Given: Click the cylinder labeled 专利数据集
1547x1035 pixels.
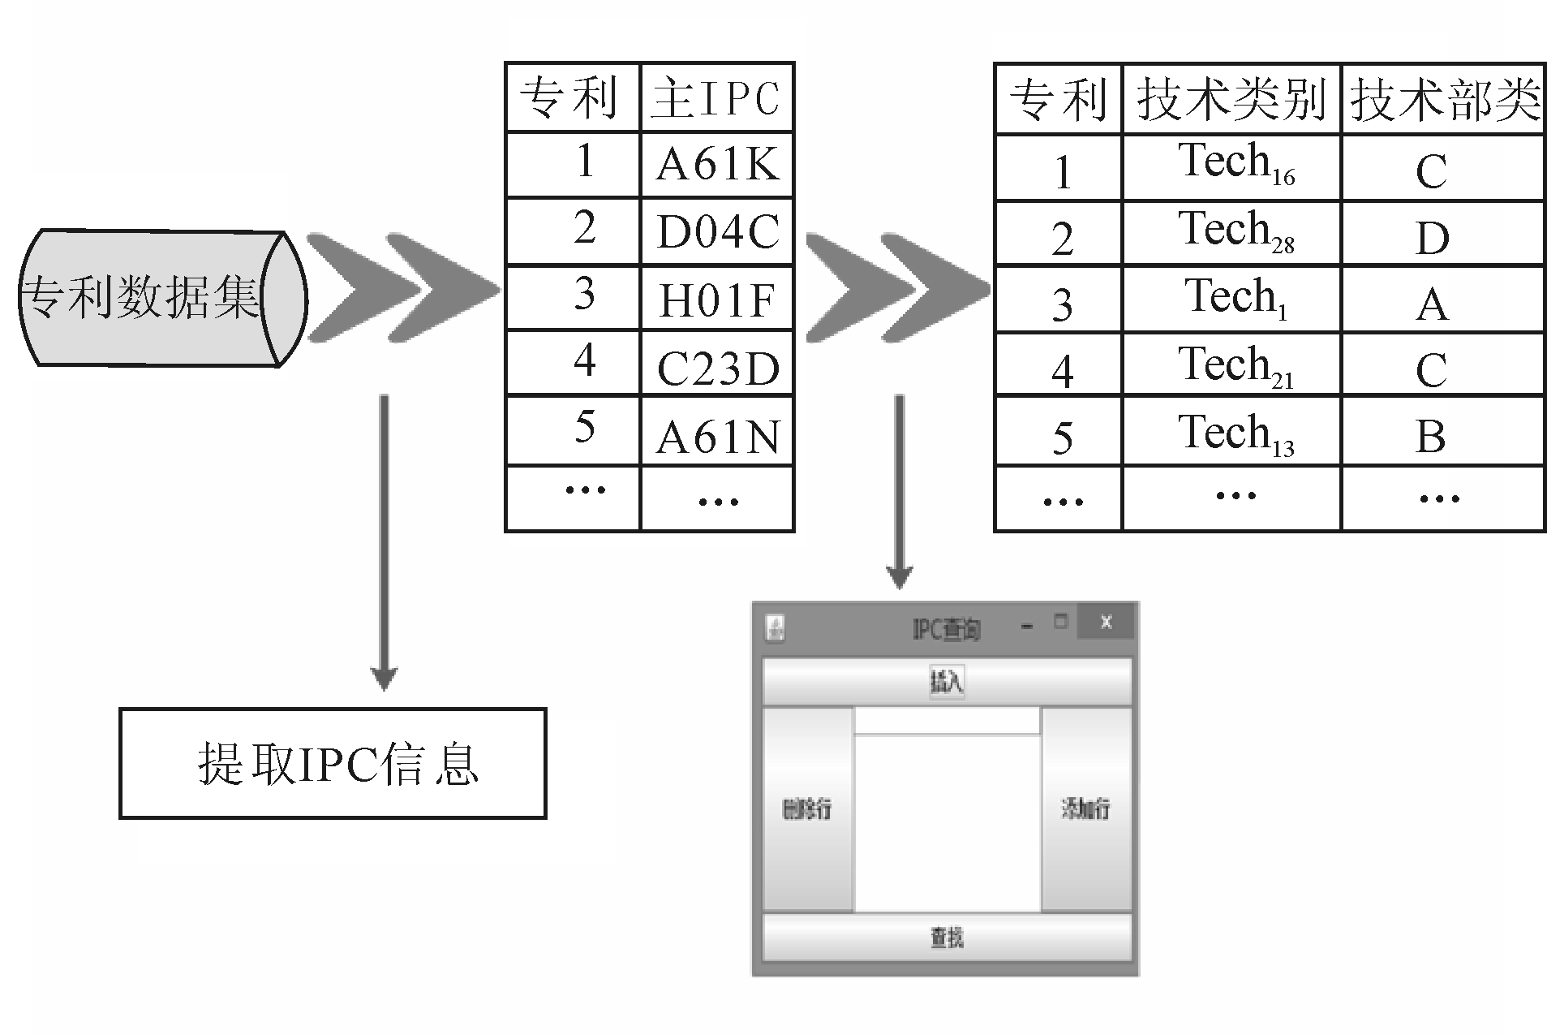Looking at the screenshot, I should click(162, 298).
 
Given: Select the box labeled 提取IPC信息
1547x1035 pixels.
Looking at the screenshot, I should click(333, 763).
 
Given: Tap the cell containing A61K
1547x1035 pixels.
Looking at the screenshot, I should click(717, 165).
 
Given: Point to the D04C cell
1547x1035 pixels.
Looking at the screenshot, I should click(717, 231).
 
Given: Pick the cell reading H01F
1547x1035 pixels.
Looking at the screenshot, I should click(717, 298).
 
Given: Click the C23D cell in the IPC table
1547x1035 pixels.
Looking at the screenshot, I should click(717, 364).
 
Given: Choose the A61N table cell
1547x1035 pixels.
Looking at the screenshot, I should click(717, 432).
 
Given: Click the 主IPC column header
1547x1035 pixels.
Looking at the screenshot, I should click(717, 97).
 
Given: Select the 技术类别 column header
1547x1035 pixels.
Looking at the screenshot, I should click(1231, 99).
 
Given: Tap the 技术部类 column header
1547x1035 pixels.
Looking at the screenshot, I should click(1443, 99).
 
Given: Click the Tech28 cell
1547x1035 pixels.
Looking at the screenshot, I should click(1231, 234).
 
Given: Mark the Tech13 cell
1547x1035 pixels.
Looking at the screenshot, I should click(1231, 432).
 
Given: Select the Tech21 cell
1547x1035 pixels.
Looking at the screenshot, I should click(1231, 364).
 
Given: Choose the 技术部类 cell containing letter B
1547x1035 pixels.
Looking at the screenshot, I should click(1443, 432).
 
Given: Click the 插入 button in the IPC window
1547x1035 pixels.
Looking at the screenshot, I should click(947, 681).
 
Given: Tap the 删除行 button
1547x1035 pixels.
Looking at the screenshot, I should click(807, 809).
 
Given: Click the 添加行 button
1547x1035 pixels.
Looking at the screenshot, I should click(1086, 809).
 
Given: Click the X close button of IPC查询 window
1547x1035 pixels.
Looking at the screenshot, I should click(1106, 623).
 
